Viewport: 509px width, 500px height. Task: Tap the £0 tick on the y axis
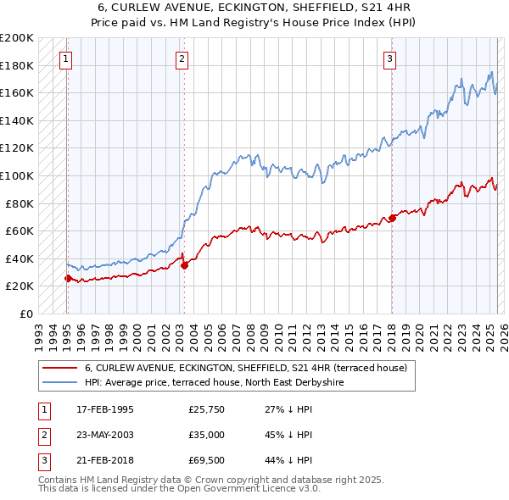tap(25, 314)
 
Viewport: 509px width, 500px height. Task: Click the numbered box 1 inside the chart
tap(66, 58)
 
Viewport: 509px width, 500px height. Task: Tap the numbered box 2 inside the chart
tap(182, 58)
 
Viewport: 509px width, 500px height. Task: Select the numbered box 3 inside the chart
tap(389, 58)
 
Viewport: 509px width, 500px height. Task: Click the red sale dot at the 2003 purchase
tap(184, 265)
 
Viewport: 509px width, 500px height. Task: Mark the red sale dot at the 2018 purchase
tap(392, 218)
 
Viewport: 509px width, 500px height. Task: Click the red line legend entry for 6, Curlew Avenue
tap(246, 368)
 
